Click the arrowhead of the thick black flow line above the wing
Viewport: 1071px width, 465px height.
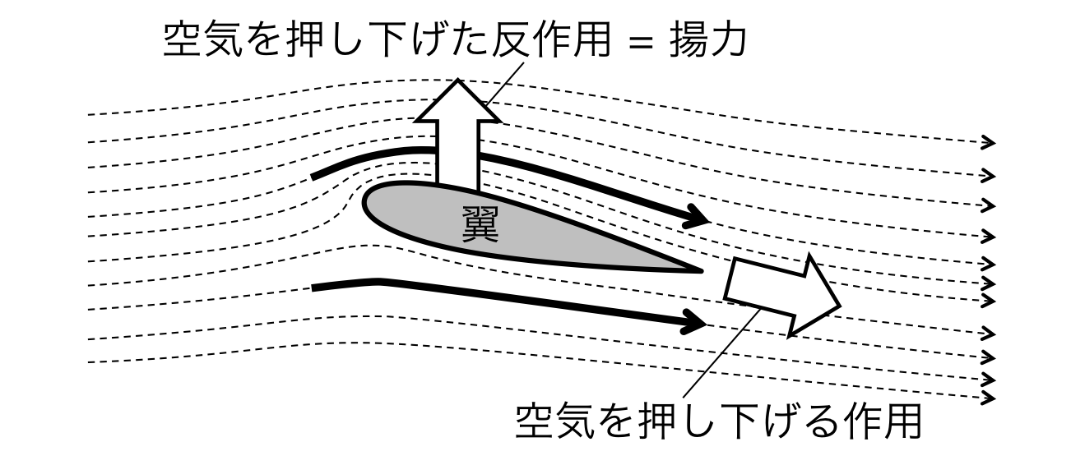coord(698,218)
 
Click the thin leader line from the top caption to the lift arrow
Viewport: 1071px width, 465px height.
coord(506,82)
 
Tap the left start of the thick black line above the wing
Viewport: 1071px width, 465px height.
coord(317,176)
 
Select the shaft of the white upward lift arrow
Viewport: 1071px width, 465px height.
coord(457,156)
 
